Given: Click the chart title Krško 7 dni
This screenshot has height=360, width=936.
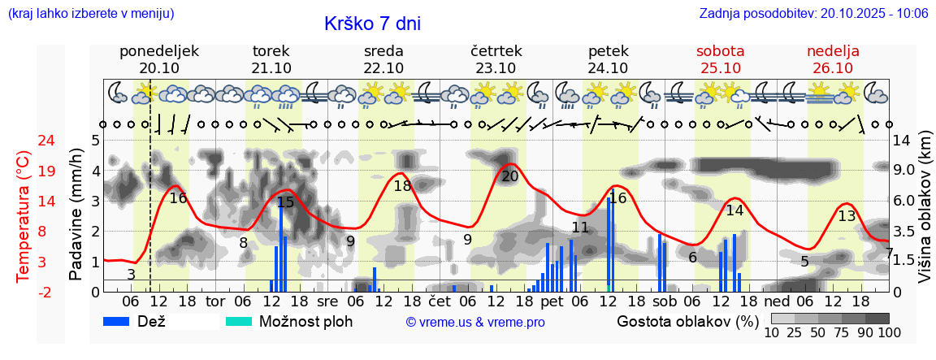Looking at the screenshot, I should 372,24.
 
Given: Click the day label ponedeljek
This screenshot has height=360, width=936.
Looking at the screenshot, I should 159,50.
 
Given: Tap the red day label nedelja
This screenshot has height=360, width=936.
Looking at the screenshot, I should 833,50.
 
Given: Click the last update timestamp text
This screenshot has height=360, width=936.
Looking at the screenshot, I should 813,13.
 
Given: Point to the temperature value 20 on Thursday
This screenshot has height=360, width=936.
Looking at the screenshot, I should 510,176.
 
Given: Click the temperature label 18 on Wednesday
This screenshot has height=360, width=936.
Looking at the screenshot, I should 403,186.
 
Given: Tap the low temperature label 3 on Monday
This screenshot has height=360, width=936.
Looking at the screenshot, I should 132,275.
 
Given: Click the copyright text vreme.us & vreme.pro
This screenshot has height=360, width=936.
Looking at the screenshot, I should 475,323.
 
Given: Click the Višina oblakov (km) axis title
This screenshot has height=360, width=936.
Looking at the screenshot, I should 924,214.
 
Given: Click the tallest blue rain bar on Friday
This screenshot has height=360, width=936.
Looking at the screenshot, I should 609,244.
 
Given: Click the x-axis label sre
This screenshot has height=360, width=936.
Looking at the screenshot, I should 327,301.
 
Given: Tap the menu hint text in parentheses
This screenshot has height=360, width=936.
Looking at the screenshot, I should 90,13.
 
